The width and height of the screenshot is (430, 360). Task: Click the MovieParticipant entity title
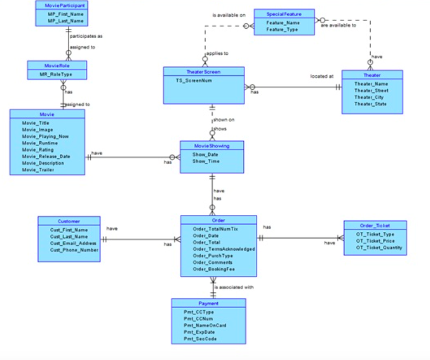pos(60,6)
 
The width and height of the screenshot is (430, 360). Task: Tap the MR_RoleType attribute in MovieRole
pos(55,74)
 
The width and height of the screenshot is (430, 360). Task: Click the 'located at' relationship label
pos(321,76)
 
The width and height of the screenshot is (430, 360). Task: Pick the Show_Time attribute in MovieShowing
pos(206,161)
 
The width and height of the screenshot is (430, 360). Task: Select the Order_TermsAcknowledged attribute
pos(224,249)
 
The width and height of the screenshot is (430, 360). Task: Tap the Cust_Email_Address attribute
pos(73,243)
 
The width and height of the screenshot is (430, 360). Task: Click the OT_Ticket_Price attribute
pos(375,241)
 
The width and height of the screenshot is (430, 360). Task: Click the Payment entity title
pos(208,304)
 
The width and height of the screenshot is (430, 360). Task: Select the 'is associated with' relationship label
pos(234,287)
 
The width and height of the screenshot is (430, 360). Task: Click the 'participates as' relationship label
pos(86,36)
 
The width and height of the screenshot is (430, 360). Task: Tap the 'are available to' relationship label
pos(338,25)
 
